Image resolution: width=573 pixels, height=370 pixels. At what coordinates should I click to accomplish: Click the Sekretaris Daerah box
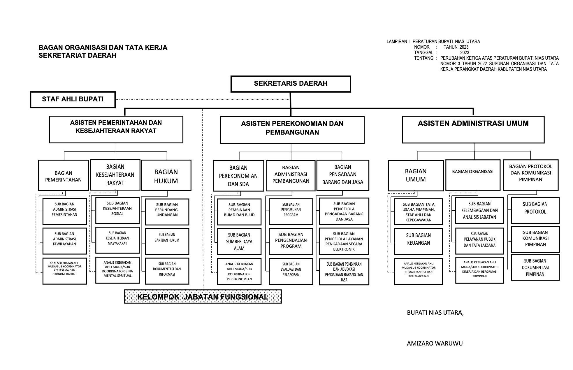[x=291, y=84]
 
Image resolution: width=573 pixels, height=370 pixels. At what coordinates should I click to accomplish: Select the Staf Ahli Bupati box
[x=73, y=99]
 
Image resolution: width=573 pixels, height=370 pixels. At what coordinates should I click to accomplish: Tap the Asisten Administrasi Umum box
[x=473, y=130]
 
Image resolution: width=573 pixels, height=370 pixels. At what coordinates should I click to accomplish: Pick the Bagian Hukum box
[x=166, y=175]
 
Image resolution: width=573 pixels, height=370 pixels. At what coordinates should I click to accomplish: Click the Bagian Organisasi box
[x=473, y=175]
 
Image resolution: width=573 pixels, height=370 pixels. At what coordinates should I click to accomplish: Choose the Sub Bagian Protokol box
[x=535, y=210]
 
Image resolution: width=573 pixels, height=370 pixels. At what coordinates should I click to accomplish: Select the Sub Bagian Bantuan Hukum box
[x=167, y=241]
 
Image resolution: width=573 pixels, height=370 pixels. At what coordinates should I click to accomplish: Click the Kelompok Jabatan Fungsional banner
[x=203, y=297]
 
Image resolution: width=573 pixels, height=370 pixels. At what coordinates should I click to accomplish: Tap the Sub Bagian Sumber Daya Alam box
[x=239, y=242]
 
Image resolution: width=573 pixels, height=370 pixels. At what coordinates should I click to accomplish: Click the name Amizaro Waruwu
[x=435, y=343]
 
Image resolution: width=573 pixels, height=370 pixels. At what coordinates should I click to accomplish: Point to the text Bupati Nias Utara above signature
[x=435, y=313]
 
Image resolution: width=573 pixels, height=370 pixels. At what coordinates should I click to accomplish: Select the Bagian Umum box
[x=416, y=176]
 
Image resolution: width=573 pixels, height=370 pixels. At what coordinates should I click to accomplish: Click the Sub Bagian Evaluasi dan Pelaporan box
[x=291, y=271]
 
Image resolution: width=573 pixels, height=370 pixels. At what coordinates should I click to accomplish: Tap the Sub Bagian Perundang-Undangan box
[x=167, y=212]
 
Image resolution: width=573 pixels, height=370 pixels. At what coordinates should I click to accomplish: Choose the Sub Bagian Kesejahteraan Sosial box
[x=117, y=211]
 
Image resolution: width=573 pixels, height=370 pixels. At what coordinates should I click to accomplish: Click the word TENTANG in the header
[x=424, y=58]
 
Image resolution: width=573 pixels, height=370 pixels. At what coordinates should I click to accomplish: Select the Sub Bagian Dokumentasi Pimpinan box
[x=535, y=267]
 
